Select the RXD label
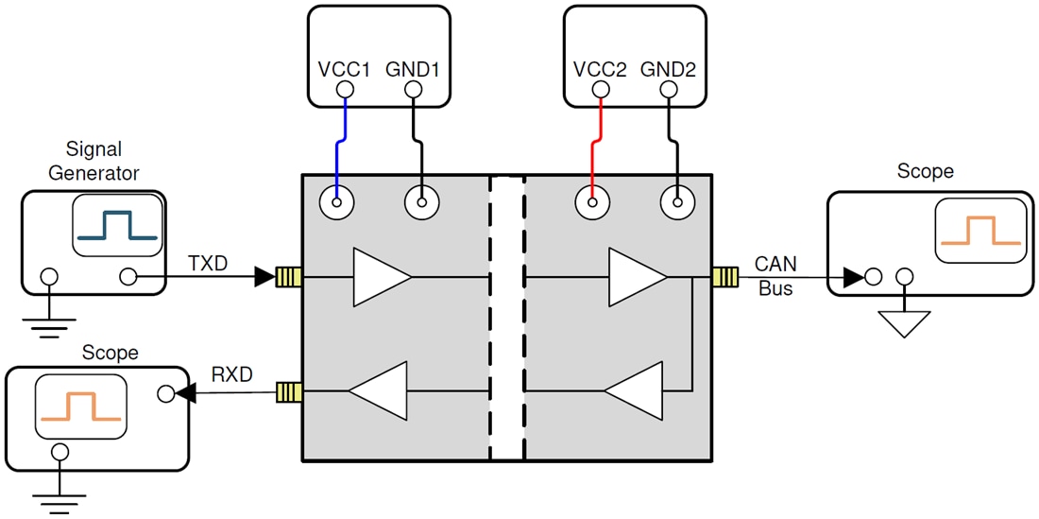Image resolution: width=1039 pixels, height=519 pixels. [x=230, y=375]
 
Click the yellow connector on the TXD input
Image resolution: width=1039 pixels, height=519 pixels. [x=287, y=277]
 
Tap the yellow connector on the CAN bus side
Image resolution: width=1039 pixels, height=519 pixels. [x=724, y=277]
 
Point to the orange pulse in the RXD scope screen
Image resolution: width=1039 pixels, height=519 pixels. [x=80, y=406]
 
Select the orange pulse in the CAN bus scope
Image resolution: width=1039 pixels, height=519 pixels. [x=979, y=232]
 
